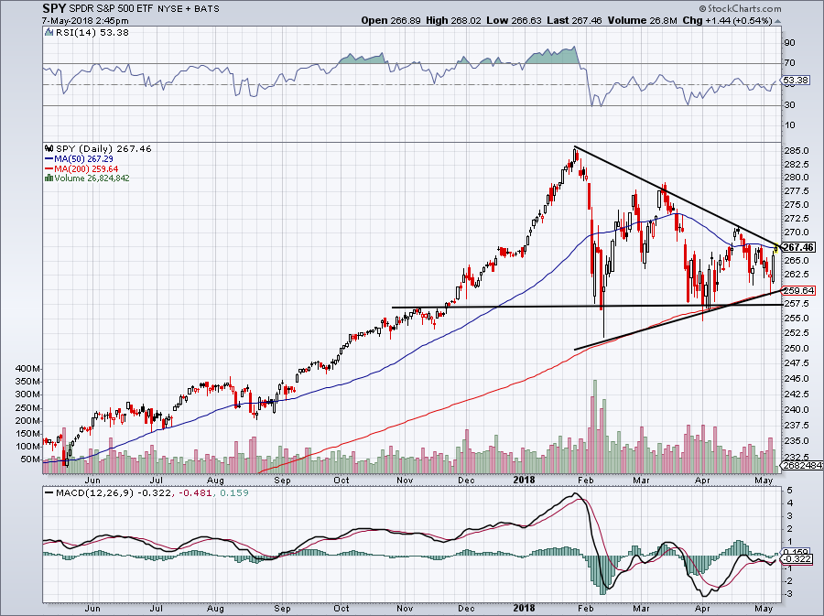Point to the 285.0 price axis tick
coord(797,150)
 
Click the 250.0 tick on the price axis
coord(797,348)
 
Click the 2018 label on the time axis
coord(525,478)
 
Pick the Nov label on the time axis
coord(403,478)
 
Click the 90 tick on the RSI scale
coord(787,42)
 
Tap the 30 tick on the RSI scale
coord(787,104)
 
